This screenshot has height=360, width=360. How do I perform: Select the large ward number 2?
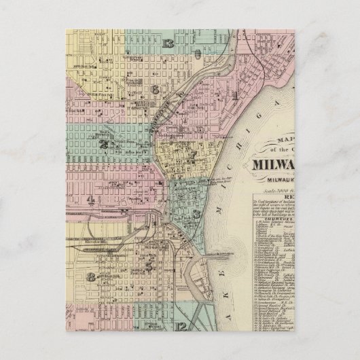coord(104,145)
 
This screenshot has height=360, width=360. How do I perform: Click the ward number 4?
coord(90,199)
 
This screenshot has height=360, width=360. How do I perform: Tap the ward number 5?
coord(149,266)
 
